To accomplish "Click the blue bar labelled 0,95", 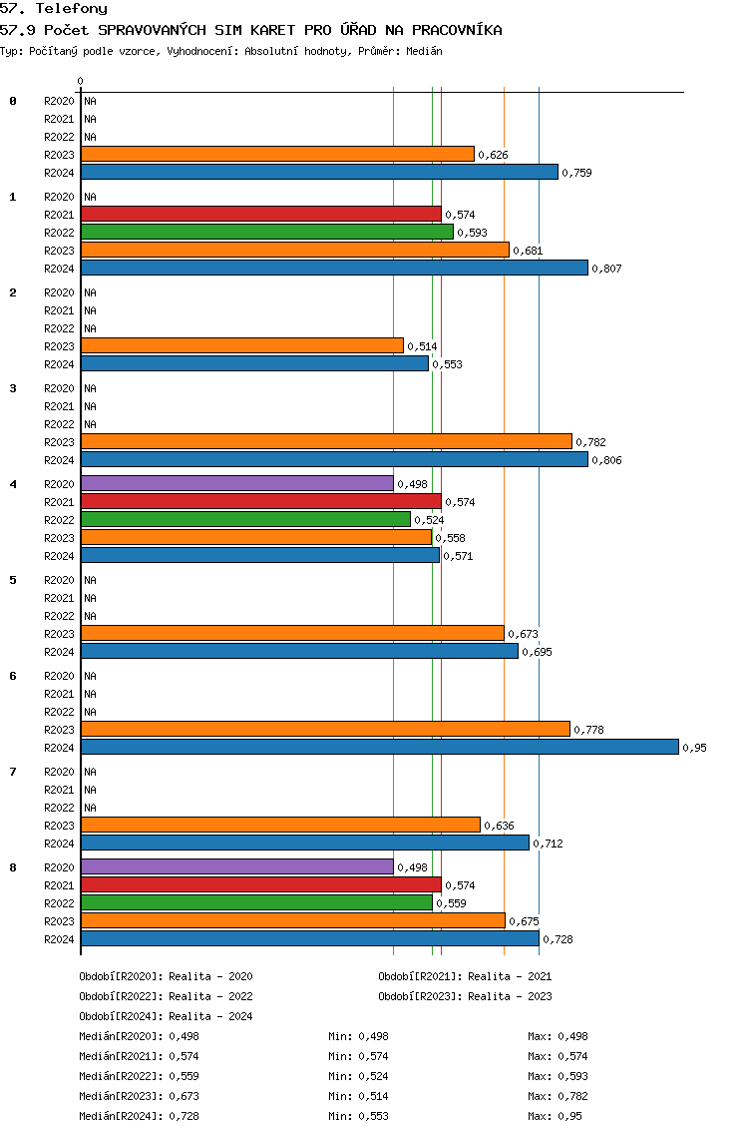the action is tap(380, 747).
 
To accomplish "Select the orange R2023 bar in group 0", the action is tap(278, 154).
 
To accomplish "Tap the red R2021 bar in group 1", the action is tap(261, 214).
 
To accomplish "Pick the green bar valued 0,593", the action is tap(267, 233).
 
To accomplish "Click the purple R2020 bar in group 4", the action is tap(237, 484).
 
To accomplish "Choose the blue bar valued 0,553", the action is tap(255, 363).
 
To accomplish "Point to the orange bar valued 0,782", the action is tap(327, 442).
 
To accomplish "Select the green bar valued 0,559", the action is tap(257, 903).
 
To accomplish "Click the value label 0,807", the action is tap(606, 269).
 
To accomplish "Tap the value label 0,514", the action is tap(422, 346).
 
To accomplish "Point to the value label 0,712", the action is tap(548, 844).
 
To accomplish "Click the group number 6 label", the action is tap(12, 676).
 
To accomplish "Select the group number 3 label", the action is tap(12, 388).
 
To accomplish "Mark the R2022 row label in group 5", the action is tap(59, 616).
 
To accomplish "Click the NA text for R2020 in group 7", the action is tap(91, 772).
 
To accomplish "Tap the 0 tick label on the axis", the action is tap(80, 81).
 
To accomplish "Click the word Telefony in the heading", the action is tap(72, 9).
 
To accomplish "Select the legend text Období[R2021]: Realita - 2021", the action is tap(465, 976).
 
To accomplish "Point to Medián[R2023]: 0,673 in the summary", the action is tap(139, 1096).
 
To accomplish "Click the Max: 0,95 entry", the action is tap(556, 1116).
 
